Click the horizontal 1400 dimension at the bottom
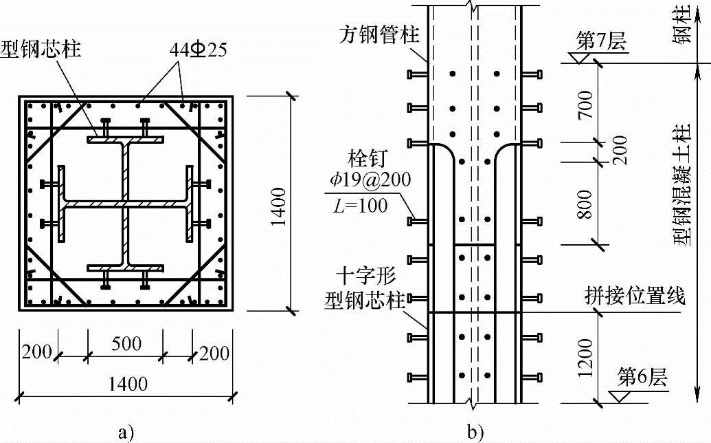click(x=128, y=382)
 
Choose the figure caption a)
click(x=125, y=432)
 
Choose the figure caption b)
click(x=476, y=432)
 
